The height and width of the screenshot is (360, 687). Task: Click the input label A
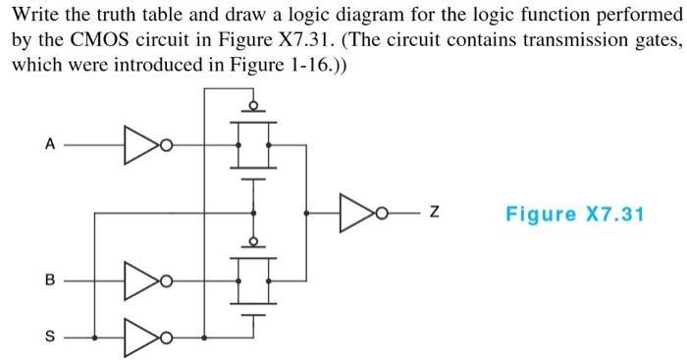coord(48,145)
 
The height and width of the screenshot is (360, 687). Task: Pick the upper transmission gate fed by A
coord(253,145)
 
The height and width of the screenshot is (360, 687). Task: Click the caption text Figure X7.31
coord(574,212)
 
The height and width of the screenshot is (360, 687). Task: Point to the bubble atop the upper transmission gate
coord(253,104)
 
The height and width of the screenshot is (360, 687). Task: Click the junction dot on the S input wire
coord(94,335)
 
